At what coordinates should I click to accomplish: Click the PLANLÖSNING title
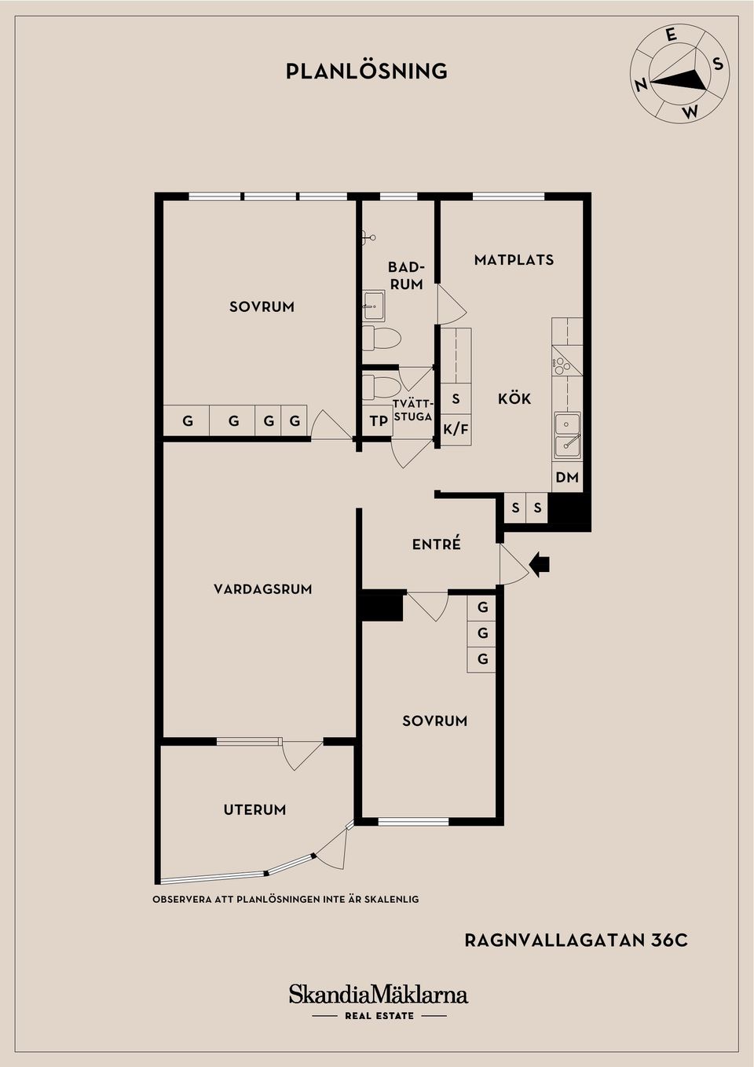point(367,71)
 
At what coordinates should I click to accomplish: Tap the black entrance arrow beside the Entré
point(540,564)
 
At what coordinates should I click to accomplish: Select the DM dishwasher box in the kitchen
point(567,477)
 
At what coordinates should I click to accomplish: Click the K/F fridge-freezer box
point(456,430)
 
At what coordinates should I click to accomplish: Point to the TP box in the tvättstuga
point(379,421)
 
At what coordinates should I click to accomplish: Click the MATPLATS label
point(514,259)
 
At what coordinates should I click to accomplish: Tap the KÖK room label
point(514,398)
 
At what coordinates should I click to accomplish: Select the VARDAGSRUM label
point(263,589)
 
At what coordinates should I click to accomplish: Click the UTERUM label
point(254,810)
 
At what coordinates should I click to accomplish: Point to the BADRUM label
point(407,275)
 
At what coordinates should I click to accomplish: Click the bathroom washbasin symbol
point(374,306)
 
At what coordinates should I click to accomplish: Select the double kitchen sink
point(567,435)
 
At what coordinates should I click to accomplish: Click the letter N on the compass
point(641,86)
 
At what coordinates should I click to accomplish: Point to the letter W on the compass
point(690,112)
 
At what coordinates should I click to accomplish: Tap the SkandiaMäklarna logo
point(379,995)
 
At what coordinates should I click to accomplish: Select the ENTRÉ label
point(437,544)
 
